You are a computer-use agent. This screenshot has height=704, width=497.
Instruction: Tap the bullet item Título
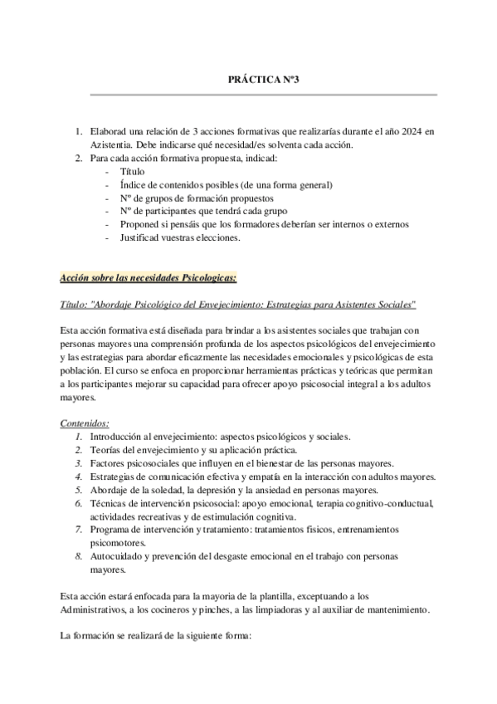click(x=133, y=171)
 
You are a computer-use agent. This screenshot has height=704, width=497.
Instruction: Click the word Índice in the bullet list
click(x=134, y=184)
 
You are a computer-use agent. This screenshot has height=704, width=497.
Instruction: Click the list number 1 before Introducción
click(x=77, y=436)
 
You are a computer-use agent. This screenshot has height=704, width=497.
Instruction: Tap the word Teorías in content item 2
click(x=106, y=449)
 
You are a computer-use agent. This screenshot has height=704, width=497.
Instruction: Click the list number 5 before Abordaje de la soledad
click(x=77, y=490)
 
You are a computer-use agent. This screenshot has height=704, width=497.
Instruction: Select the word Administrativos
click(x=96, y=609)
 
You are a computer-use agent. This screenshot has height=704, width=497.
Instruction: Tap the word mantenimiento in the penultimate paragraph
click(x=398, y=609)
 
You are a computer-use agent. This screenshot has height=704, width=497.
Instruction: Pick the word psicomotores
click(x=119, y=543)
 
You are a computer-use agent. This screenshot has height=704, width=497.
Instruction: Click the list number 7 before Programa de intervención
click(x=77, y=530)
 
